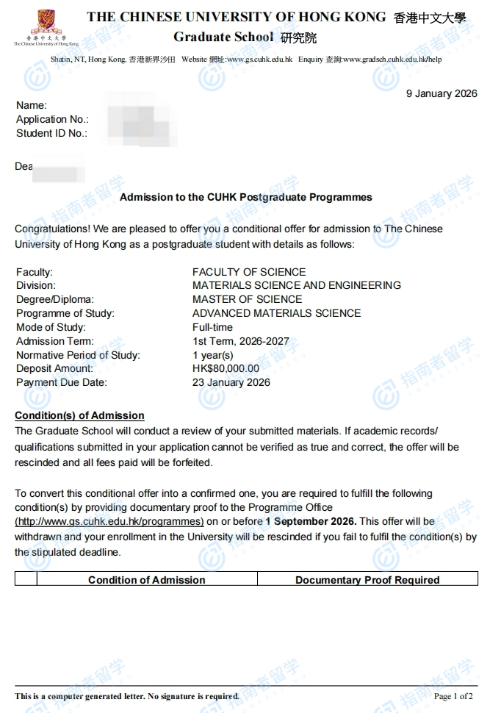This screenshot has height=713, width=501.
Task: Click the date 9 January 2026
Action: click(x=441, y=93)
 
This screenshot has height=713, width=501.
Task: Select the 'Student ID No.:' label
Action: click(x=51, y=133)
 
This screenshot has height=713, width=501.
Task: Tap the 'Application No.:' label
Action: click(x=52, y=119)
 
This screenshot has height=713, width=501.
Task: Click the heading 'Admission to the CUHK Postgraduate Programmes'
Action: click(x=245, y=197)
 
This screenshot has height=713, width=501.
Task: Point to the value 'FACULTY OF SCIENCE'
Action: click(x=249, y=272)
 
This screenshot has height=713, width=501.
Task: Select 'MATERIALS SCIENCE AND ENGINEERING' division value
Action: click(x=297, y=285)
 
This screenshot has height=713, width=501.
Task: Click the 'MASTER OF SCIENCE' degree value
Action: click(x=247, y=299)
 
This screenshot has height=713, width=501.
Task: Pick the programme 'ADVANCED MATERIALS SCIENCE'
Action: click(x=276, y=313)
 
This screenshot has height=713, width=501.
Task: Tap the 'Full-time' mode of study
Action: click(x=212, y=327)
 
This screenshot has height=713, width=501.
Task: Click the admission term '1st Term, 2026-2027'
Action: click(x=241, y=341)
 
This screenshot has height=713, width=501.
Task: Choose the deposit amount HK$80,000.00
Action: click(x=226, y=368)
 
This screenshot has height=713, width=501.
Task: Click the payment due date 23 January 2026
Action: click(x=231, y=382)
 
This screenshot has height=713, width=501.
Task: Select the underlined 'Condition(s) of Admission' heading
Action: click(x=79, y=415)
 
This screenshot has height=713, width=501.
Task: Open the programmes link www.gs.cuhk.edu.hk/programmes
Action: click(x=109, y=521)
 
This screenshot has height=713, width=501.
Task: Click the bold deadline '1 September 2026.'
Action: click(x=311, y=521)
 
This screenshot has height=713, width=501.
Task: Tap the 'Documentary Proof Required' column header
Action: click(x=367, y=580)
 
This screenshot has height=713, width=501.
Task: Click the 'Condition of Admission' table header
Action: click(x=147, y=580)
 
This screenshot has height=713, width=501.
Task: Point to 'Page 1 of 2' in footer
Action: click(x=453, y=696)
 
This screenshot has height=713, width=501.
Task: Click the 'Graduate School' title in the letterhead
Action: click(x=223, y=37)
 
